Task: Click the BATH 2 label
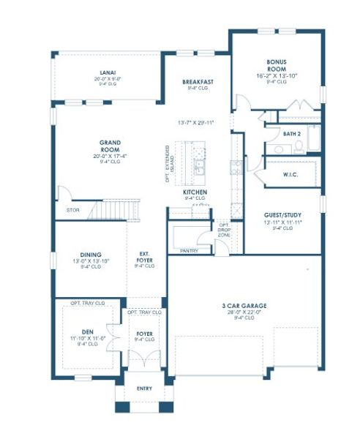(293, 134)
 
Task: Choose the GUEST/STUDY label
(282, 215)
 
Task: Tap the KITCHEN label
(195, 191)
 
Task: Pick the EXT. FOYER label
(144, 256)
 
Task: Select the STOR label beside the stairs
(72, 209)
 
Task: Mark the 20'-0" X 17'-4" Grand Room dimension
(110, 156)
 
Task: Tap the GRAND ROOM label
(110, 146)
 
